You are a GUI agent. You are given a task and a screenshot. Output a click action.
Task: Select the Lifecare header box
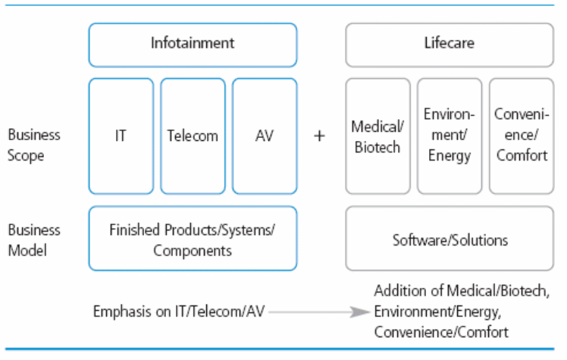point(450,44)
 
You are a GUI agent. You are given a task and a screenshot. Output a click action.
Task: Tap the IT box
point(121,136)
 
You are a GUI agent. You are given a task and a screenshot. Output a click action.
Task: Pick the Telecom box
point(193,136)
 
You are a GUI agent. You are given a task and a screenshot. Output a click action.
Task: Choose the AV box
point(264,136)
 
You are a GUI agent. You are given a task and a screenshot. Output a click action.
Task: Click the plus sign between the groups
point(320,136)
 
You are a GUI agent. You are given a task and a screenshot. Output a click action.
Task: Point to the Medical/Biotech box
point(377,136)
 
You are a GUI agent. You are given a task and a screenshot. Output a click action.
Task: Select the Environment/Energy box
point(449,136)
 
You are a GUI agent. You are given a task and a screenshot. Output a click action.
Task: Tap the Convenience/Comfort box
point(521,136)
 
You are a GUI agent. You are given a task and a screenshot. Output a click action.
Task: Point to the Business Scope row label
point(34,145)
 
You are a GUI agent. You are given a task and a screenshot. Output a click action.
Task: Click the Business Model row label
point(34,239)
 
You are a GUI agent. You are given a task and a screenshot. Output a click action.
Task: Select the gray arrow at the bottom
point(319,311)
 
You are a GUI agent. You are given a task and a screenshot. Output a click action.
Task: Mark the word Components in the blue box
point(192,250)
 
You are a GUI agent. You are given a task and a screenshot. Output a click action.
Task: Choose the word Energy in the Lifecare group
point(449,156)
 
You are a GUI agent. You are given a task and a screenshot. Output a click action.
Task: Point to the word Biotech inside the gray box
point(377,146)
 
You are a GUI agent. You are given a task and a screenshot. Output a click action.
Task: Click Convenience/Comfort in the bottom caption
point(441,331)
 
